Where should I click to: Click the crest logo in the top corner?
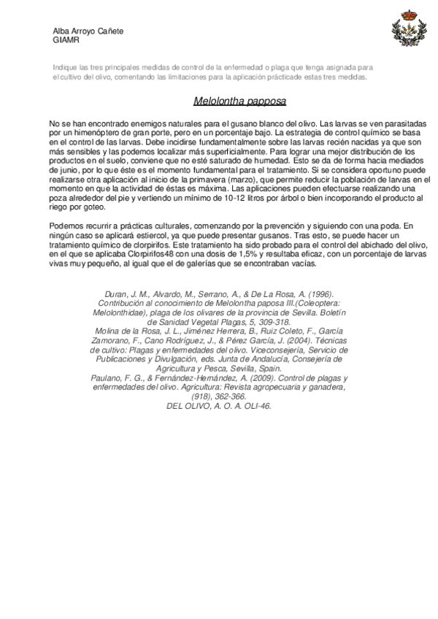(x=405, y=31)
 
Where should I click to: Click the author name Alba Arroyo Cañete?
(x=88, y=31)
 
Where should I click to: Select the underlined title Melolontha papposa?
(x=239, y=101)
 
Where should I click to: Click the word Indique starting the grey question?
(x=65, y=67)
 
